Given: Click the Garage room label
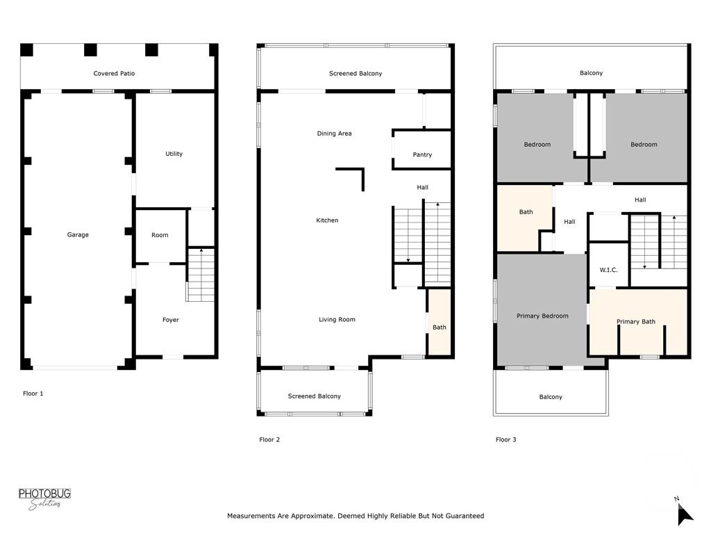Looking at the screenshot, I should pos(78,235).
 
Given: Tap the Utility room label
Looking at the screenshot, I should pos(174,154).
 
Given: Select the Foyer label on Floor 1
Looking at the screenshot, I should pos(171,320).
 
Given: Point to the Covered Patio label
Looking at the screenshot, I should pos(115,74).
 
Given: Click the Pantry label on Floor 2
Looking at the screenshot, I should pos(422,155).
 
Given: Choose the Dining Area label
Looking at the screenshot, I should pos(335,133).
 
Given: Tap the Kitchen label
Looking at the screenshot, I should pos(328,220).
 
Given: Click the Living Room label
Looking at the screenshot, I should pos(337,320).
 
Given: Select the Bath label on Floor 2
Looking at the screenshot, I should pos(440,327).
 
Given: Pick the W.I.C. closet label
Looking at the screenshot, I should pos(609,270).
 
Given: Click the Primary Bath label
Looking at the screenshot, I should pos(637,322).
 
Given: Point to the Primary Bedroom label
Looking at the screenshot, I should pos(542,316).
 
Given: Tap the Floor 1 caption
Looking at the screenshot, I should pos(33,394).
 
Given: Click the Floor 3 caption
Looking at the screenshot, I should pos(506,439).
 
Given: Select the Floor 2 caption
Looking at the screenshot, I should pos(270,439).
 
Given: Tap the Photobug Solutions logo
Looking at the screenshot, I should pos(44,499).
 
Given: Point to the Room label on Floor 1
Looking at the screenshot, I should pos(160,235).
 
